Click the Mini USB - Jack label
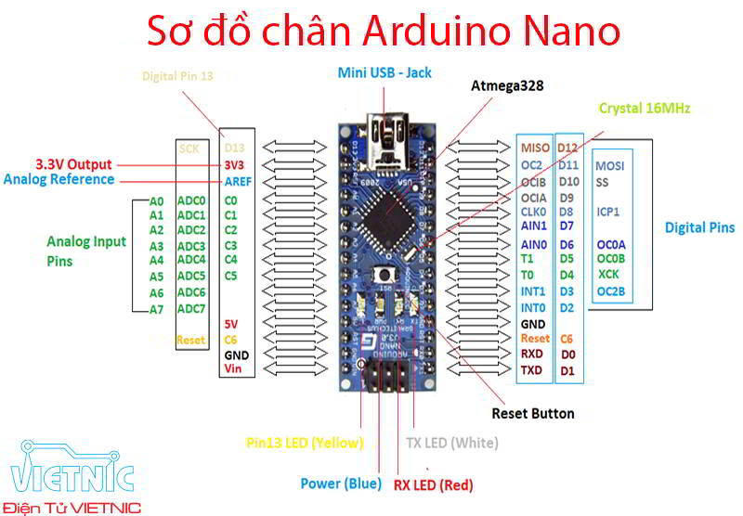point(385,71)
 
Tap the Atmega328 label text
point(506,85)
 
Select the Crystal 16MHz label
point(644,108)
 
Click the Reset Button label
point(532,413)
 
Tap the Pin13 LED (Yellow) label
point(304,442)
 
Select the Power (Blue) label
point(340,483)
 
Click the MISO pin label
point(535,148)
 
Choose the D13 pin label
point(234,148)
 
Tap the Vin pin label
point(233,369)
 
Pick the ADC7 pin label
point(190,308)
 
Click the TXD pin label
point(531,370)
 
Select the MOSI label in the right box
point(610,164)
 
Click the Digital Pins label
point(699,227)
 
